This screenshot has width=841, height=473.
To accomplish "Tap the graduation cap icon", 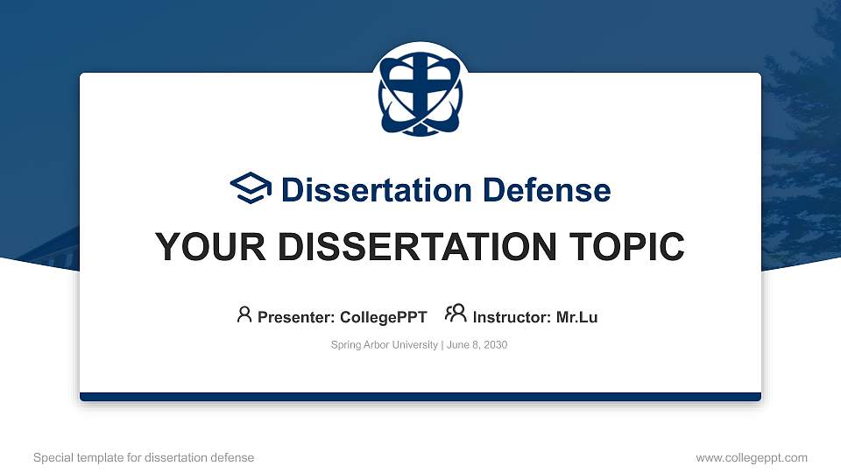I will (x=251, y=189).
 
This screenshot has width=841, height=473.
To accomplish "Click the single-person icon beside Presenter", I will (x=244, y=315).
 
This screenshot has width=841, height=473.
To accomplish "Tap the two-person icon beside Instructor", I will (x=456, y=315).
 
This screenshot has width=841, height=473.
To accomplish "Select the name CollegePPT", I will (x=385, y=317).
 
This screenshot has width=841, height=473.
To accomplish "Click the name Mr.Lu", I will (x=576, y=317).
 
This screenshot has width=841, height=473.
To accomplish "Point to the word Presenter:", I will (x=295, y=317).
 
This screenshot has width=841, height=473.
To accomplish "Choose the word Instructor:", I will (x=512, y=317).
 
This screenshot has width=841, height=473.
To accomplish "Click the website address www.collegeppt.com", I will (x=752, y=457).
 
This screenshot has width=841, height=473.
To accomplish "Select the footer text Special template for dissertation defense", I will (x=144, y=457).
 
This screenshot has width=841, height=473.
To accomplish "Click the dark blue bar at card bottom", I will (x=420, y=397).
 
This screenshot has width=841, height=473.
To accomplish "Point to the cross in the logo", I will (x=420, y=88).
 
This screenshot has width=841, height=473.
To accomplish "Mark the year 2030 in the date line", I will (x=494, y=345).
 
